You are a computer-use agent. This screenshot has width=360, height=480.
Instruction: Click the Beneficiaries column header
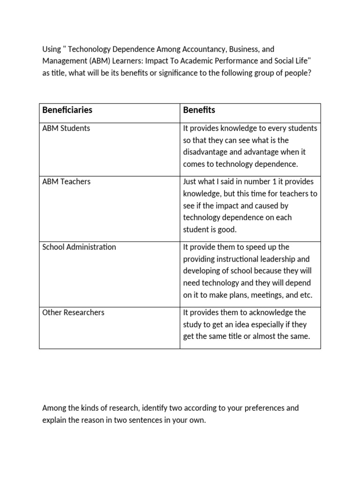point(67,110)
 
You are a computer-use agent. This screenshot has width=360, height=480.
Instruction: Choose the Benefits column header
point(199,110)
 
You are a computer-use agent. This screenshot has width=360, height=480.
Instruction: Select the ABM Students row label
point(66,128)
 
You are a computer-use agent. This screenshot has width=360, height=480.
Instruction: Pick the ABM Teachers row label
point(67,182)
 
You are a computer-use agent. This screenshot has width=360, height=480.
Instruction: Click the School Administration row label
point(79,247)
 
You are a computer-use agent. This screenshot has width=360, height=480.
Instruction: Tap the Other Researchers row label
point(73,313)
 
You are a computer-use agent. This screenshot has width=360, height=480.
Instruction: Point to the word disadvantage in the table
point(205,152)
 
